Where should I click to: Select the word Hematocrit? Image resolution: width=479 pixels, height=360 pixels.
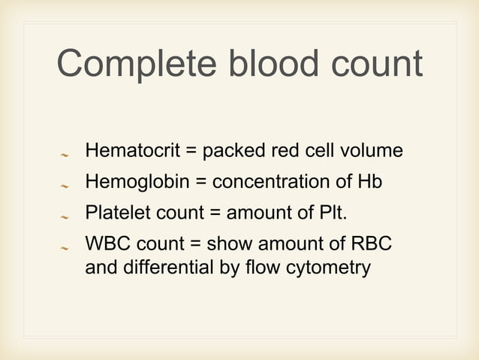(x=131, y=151)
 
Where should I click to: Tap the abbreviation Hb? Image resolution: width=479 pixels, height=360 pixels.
(x=371, y=182)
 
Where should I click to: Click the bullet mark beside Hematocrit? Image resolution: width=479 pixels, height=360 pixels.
(x=65, y=155)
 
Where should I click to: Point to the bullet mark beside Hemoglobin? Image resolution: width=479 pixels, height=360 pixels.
(x=65, y=185)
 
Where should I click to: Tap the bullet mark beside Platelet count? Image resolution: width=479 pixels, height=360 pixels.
(x=65, y=216)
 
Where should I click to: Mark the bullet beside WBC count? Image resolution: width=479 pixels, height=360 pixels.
(x=65, y=248)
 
